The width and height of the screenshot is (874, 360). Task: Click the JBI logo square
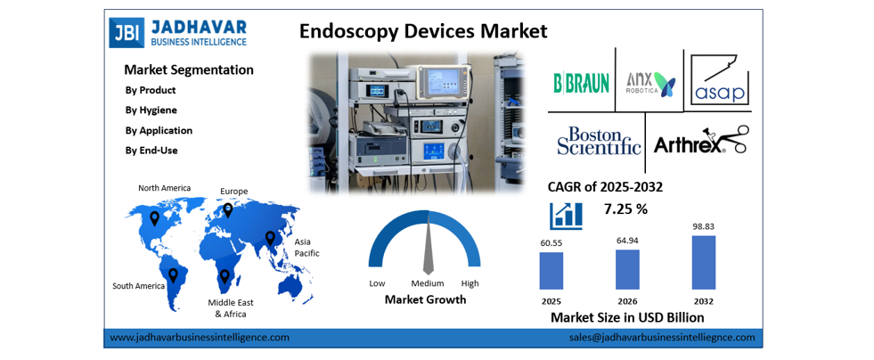tap(125, 32)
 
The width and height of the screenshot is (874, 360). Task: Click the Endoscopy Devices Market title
tap(422, 31)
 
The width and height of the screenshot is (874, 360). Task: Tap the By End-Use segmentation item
tap(151, 150)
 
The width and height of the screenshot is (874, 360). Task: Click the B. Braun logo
tap(581, 83)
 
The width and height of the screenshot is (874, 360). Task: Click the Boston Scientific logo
tap(599, 142)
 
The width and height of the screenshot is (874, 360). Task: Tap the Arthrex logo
tap(700, 142)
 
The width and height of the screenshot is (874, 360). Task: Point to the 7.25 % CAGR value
tap(625, 209)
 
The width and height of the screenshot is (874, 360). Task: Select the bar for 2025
tap(551, 270)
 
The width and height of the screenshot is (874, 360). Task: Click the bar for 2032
tap(703, 262)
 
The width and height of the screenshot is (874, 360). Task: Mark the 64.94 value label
tap(627, 241)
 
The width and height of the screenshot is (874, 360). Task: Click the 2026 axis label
tap(627, 299)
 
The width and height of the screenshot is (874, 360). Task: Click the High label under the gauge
tap(470, 283)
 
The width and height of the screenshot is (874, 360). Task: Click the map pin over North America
tap(154, 217)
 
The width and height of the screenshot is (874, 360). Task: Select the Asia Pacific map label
tap(306, 247)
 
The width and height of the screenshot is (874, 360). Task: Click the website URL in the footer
tap(200, 338)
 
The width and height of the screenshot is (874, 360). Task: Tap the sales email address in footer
tap(661, 338)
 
